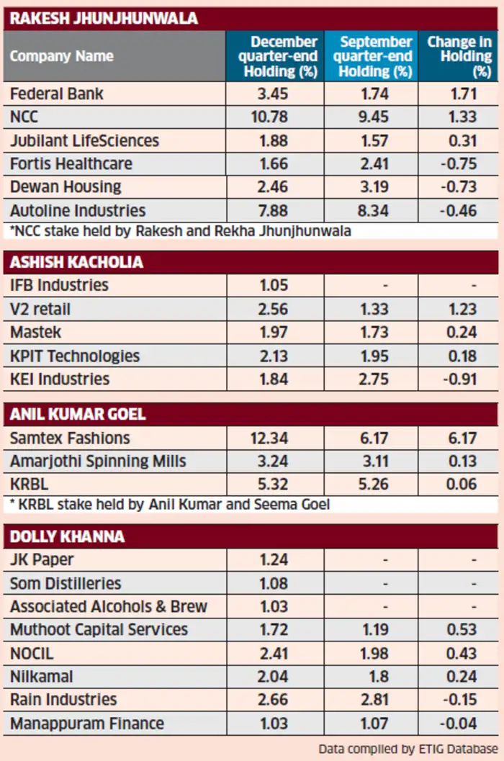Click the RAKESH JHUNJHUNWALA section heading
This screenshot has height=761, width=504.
click(104, 19)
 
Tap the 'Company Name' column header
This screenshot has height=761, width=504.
click(62, 56)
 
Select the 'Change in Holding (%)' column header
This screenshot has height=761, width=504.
click(459, 56)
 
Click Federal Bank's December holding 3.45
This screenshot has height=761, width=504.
click(273, 94)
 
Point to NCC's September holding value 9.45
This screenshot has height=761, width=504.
click(374, 117)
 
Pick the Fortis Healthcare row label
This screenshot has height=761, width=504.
click(71, 164)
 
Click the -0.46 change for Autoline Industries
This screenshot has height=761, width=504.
click(459, 211)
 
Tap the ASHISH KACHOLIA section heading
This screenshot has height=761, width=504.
click(76, 262)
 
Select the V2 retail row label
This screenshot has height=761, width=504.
click(40, 309)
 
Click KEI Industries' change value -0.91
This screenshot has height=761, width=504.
click(459, 379)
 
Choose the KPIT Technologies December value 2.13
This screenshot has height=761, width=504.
click(274, 356)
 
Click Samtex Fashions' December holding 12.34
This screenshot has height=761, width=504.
click(269, 438)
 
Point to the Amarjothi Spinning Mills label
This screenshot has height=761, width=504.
click(98, 461)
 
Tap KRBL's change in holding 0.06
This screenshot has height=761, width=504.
click(462, 485)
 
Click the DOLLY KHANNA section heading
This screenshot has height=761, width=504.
click(67, 536)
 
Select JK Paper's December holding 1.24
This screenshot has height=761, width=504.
click(274, 559)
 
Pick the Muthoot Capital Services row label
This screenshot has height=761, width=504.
click(99, 629)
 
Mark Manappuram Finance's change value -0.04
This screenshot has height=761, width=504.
click(459, 724)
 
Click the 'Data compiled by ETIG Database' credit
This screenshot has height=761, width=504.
click(408, 749)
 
